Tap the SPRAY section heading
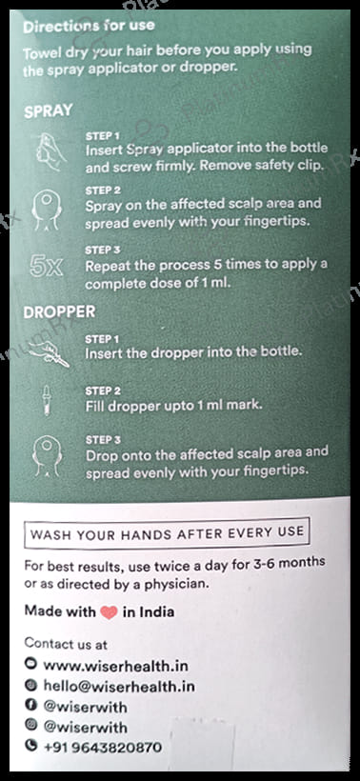coord(49,110)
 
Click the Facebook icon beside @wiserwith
coord(30,708)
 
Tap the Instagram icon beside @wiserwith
coord(30,728)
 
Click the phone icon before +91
coord(30,748)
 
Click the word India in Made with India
coord(156,611)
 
